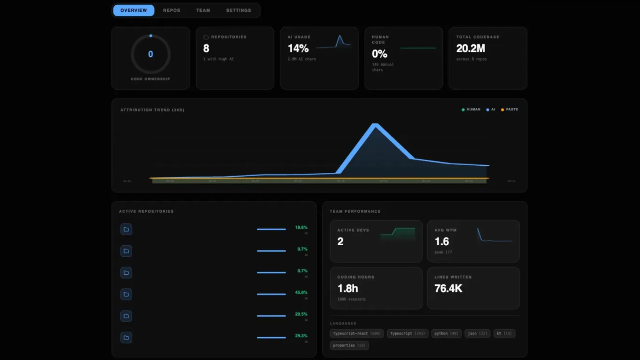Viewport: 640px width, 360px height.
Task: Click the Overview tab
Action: (134, 11)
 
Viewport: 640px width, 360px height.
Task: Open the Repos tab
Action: (171, 11)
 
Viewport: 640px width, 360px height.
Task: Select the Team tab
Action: (203, 11)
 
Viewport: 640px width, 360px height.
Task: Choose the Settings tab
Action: (239, 11)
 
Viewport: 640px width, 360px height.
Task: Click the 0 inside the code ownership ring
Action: (151, 55)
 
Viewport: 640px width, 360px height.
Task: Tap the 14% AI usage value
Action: (298, 48)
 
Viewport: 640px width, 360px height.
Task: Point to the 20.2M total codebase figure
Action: (471, 48)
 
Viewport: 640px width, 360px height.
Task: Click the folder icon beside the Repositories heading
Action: (206, 37)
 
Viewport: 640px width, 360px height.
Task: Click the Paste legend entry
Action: (509, 109)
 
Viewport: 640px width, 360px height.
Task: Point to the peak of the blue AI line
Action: (375, 125)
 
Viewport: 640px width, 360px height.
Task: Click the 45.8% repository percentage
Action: (301, 292)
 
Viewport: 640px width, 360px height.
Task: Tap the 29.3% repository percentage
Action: (301, 336)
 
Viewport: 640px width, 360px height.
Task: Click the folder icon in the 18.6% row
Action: (126, 229)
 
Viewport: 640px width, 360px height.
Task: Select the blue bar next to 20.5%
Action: (271, 316)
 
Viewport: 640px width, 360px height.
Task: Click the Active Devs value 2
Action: (340, 241)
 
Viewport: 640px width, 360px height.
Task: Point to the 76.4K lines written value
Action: (448, 288)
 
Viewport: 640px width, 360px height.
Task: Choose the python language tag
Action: (446, 334)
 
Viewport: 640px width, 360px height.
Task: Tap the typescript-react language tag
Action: (356, 334)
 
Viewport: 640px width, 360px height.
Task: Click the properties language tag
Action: (349, 345)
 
